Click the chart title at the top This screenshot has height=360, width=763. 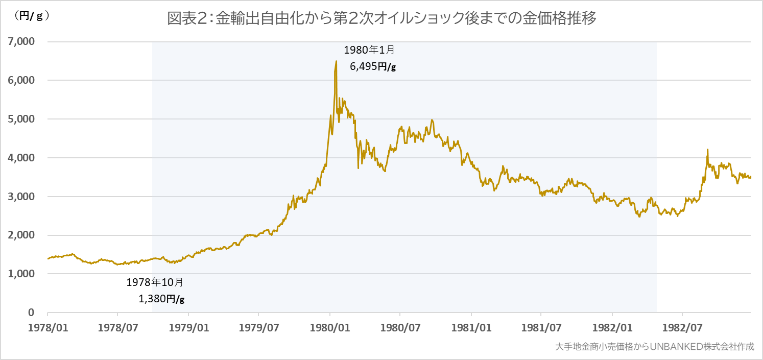point(382,19)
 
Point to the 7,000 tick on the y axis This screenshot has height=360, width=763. point(20,41)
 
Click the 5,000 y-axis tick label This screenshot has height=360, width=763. point(20,119)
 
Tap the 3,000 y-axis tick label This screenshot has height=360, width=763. point(20,197)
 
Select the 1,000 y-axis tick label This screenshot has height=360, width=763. point(20,274)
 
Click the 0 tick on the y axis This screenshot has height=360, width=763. point(31,313)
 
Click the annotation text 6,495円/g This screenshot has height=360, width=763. point(373,66)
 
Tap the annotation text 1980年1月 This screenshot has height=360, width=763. point(369,50)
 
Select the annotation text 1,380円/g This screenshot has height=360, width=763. point(161,299)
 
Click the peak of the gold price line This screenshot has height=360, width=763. point(336,61)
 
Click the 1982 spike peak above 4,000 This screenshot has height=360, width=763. point(707,150)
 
